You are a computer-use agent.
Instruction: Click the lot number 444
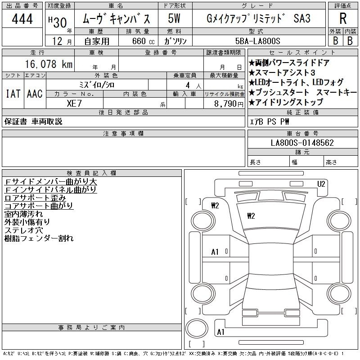pyautogui.click(x=22, y=18)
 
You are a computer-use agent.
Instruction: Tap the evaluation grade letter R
pyautogui.click(x=343, y=18)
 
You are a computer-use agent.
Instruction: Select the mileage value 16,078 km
pyautogui.click(x=49, y=64)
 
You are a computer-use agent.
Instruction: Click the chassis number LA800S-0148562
pyautogui.click(x=302, y=143)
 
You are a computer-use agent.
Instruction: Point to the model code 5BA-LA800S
pyautogui.click(x=257, y=41)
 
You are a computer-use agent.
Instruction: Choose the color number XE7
pyautogui.click(x=74, y=103)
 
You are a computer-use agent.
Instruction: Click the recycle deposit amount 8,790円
pyautogui.click(x=229, y=104)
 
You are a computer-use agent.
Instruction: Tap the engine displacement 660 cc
pyautogui.click(x=143, y=41)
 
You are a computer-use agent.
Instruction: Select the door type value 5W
pyautogui.click(x=174, y=18)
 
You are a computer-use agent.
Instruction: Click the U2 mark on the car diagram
pyautogui.click(x=321, y=184)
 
